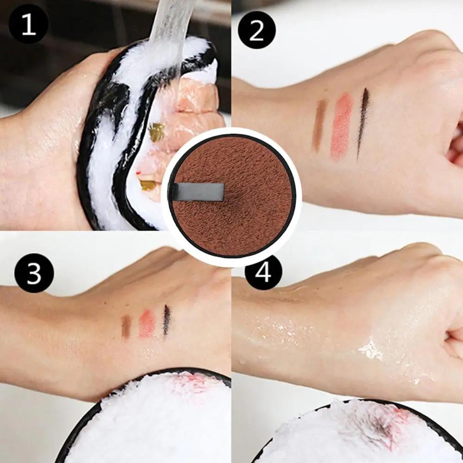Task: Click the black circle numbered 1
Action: point(29,24)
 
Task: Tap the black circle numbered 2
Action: point(257,30)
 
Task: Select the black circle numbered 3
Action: point(34,273)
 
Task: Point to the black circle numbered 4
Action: point(263,272)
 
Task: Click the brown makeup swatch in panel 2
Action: point(319,125)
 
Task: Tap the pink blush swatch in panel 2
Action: point(341,126)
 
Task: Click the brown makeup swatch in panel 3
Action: point(126,326)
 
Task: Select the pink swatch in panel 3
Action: point(147,323)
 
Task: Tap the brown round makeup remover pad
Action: point(232,196)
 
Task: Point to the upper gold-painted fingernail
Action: point(156,132)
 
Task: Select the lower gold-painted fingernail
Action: point(148,185)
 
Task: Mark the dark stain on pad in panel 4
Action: point(381,425)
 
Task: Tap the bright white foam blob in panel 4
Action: point(369,350)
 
